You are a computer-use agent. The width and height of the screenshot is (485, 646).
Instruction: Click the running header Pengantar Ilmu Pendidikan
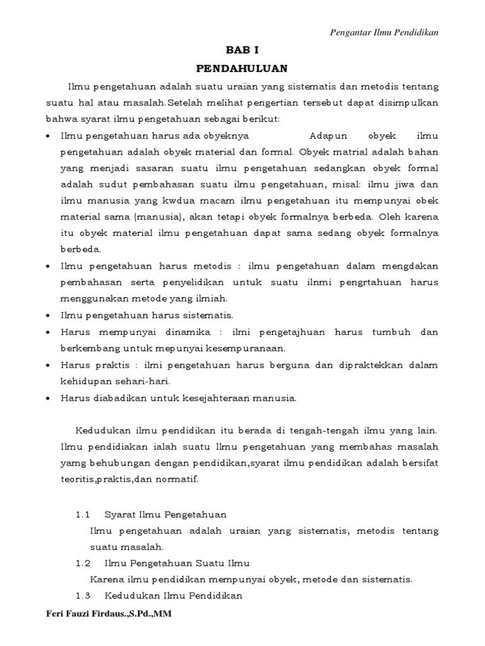click(385, 32)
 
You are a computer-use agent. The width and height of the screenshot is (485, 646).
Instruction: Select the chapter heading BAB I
click(242, 49)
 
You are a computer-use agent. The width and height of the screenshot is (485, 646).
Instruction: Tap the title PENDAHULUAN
click(242, 67)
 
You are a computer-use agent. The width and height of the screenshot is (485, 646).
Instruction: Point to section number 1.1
click(83, 515)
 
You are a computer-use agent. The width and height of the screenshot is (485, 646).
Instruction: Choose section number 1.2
click(83, 563)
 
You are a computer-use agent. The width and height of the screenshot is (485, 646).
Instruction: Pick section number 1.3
click(83, 596)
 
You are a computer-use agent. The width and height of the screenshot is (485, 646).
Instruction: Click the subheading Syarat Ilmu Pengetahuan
click(165, 515)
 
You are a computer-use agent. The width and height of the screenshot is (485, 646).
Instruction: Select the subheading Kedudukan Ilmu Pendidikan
click(173, 596)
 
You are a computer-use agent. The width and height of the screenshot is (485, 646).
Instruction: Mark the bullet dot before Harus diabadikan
click(49, 398)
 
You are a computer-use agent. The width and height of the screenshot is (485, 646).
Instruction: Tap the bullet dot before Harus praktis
click(49, 365)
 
